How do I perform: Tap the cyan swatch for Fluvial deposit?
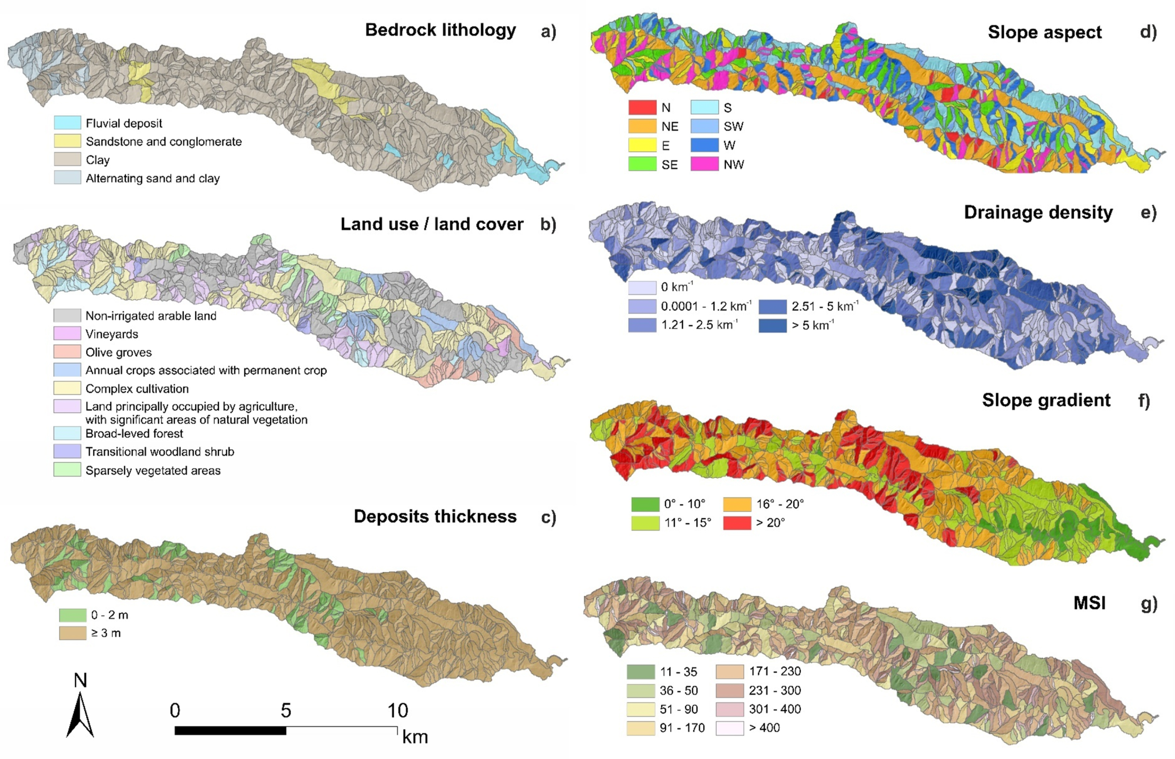click(x=67, y=123)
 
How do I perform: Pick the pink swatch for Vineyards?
click(x=67, y=334)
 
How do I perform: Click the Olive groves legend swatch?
click(x=67, y=352)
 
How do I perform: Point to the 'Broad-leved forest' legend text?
click(x=134, y=434)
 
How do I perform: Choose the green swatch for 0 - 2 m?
click(x=73, y=615)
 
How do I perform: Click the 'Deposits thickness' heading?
click(x=435, y=516)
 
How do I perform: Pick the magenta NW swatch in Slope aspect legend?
click(x=704, y=164)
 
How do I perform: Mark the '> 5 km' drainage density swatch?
click(x=773, y=325)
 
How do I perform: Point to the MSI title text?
click(x=1089, y=603)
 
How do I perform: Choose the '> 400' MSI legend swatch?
click(x=729, y=728)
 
